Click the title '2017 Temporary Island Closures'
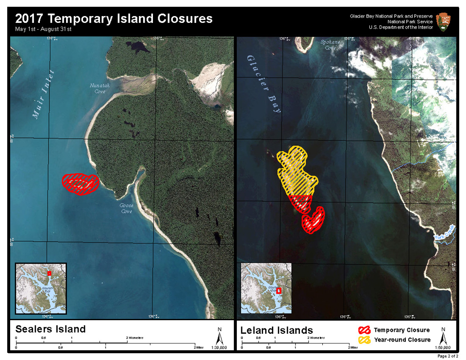pyautogui.click(x=114, y=18)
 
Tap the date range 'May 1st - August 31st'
pyautogui.click(x=44, y=29)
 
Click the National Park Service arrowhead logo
pyautogui.click(x=444, y=22)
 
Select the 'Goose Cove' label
pyautogui.click(x=127, y=208)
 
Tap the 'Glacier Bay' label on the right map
pyautogui.click(x=264, y=83)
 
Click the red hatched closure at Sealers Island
pyautogui.click(x=81, y=183)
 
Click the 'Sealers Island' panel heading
pyautogui.click(x=50, y=329)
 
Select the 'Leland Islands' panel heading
pyautogui.click(x=277, y=330)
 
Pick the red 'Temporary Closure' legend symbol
pyautogui.click(x=364, y=330)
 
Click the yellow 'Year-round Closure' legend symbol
pyautogui.click(x=364, y=340)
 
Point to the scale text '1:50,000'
pyautogui.click(x=443, y=347)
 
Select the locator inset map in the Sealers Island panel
pyautogui.click(x=41, y=288)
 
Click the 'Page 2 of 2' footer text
pyautogui.click(x=447, y=356)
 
